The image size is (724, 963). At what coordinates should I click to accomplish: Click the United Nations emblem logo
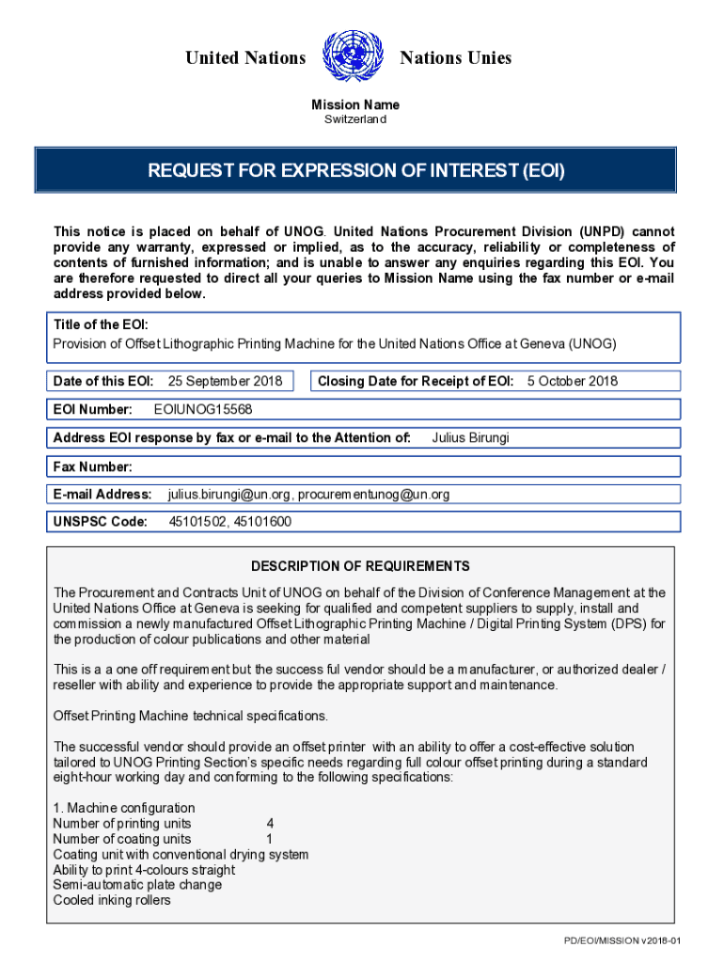click(x=354, y=57)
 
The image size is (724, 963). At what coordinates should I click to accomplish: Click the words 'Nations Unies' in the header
click(x=456, y=58)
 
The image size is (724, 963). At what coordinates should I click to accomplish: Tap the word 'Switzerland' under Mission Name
click(x=355, y=120)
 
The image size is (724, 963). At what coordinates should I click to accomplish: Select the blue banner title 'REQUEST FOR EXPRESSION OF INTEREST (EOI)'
click(x=355, y=171)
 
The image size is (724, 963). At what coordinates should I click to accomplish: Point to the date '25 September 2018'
click(x=225, y=381)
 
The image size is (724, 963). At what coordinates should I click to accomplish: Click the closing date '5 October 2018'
click(x=573, y=381)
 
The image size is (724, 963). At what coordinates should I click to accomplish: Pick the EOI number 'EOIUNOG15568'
click(x=203, y=409)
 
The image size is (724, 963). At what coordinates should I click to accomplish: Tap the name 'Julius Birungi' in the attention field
click(x=470, y=437)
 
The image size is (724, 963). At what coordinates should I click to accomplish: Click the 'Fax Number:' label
click(x=93, y=466)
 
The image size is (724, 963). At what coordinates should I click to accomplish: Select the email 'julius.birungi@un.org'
click(x=229, y=495)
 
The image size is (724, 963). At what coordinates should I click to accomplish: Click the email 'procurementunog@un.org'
click(x=374, y=495)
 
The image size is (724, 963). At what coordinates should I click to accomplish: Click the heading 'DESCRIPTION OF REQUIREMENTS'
click(x=360, y=566)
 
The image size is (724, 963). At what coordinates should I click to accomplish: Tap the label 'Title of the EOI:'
click(x=101, y=324)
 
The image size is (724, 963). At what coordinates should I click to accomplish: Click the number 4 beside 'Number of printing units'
click(x=271, y=823)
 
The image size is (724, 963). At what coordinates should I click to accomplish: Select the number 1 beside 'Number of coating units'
click(x=270, y=839)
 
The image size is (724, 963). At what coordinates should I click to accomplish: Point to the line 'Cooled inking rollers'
click(x=112, y=900)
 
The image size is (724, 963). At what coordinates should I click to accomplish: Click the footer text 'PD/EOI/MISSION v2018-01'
click(x=622, y=940)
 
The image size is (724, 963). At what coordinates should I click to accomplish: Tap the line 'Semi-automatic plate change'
click(x=137, y=885)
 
